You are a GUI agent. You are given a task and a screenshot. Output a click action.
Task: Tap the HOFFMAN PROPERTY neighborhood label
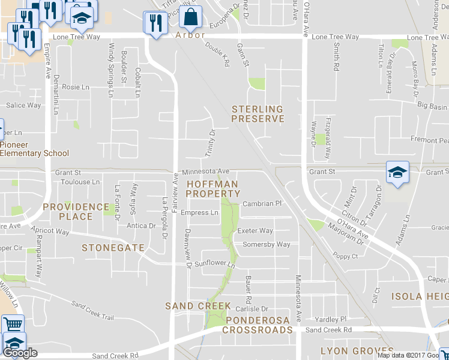[212, 189]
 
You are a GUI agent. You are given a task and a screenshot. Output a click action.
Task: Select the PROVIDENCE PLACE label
[76, 211]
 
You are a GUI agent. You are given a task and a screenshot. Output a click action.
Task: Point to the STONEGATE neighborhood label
[113, 247]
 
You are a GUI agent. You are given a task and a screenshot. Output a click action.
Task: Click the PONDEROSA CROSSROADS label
[258, 325]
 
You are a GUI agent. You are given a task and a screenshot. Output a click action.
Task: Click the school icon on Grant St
[397, 173]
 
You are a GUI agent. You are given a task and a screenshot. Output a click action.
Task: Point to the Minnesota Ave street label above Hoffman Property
[206, 172]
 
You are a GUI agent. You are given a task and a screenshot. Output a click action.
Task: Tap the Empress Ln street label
[199, 212]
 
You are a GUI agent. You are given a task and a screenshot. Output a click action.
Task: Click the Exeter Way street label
[255, 230]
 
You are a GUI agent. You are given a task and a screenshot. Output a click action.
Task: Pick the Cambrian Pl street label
[262, 203]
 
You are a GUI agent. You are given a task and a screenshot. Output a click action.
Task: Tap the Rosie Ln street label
[75, 86]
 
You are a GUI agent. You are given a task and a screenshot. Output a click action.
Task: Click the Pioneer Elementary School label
[34, 149]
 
